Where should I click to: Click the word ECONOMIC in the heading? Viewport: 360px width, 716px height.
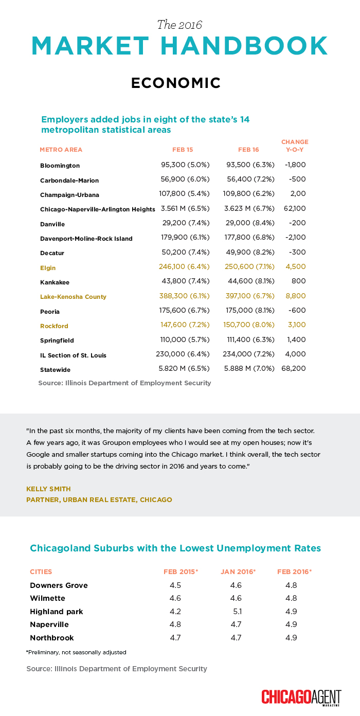pyautogui.click(x=176, y=83)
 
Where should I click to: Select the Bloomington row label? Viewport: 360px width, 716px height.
pyautogui.click(x=60, y=166)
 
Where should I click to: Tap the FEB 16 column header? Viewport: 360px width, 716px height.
pyautogui.click(x=248, y=150)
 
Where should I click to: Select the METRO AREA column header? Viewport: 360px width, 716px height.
pyautogui.click(x=61, y=150)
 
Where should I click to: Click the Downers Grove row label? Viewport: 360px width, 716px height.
pyautogui.click(x=59, y=585)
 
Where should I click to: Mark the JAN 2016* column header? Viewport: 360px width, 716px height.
pyautogui.click(x=238, y=571)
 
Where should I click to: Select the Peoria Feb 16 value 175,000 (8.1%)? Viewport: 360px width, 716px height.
pyautogui.click(x=250, y=311)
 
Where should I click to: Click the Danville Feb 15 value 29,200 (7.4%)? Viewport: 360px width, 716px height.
pyautogui.click(x=184, y=224)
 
